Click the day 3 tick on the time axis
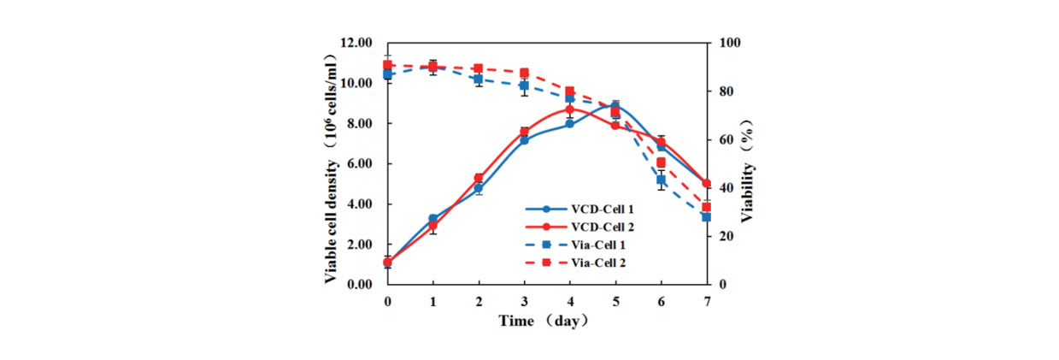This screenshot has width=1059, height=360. (524, 301)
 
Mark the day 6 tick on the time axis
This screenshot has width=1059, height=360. (661, 301)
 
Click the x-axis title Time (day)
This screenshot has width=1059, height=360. (544, 322)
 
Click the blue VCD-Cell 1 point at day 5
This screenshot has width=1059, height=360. (615, 105)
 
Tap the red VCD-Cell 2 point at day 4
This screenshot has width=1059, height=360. (570, 109)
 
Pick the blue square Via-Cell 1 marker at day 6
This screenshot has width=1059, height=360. (661, 180)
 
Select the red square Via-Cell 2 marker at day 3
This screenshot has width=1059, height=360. (524, 74)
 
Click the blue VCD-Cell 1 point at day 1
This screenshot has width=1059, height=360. (433, 219)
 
